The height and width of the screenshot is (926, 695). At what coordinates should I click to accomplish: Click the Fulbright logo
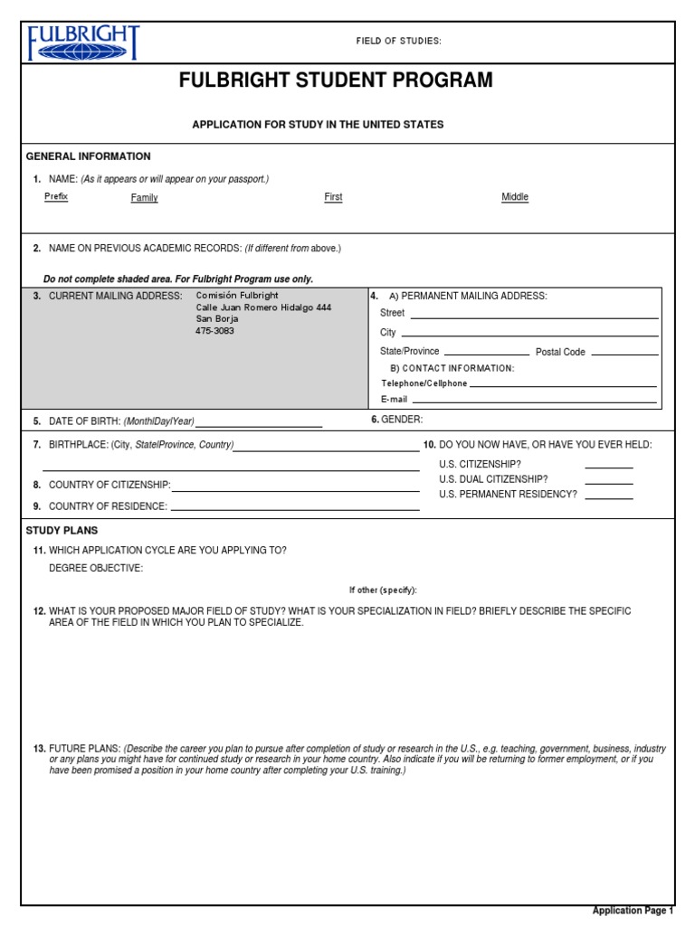tap(84, 43)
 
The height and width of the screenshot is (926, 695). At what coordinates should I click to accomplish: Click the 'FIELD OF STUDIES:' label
tap(398, 42)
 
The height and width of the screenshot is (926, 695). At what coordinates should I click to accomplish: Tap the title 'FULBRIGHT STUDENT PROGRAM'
tap(336, 80)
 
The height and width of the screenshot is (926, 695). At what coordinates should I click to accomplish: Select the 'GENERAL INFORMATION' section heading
tap(89, 156)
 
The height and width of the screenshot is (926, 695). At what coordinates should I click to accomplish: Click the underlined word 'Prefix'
tap(56, 196)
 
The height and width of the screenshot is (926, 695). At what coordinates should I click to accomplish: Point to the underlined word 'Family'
tap(144, 197)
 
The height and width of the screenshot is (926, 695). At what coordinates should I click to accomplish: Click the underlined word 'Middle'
tap(515, 197)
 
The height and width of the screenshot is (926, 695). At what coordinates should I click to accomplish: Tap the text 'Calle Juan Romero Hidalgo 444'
tap(263, 307)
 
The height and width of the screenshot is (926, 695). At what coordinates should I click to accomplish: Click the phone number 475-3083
tap(215, 331)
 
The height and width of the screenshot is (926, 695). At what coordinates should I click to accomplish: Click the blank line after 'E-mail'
tap(534, 402)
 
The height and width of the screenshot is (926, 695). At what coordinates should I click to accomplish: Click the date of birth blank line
tap(259, 424)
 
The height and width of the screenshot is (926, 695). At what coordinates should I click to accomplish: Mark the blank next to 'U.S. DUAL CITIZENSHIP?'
tap(609, 482)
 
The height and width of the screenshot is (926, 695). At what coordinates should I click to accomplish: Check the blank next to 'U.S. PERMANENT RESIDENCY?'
tap(609, 497)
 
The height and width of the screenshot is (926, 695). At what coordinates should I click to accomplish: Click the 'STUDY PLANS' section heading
tap(62, 531)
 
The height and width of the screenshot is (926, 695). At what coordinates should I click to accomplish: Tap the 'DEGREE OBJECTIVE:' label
tap(96, 568)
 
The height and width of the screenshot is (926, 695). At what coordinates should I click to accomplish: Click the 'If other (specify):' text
tap(383, 590)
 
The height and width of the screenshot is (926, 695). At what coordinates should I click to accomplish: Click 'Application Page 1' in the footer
tap(633, 911)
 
